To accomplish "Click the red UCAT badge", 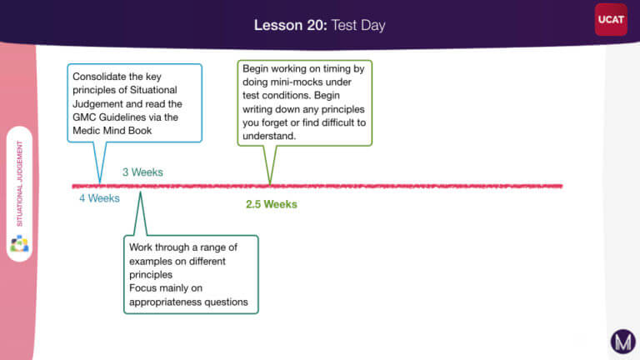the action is click(611, 20).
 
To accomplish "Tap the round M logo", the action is click(622, 341).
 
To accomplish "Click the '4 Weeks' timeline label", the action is click(99, 198).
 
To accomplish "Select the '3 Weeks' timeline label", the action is click(142, 172).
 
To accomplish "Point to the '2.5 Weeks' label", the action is click(272, 204).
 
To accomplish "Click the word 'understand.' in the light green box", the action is click(269, 136).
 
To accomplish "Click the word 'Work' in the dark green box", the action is click(141, 247).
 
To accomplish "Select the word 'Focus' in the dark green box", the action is click(142, 288).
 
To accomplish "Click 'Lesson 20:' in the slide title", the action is click(291, 25).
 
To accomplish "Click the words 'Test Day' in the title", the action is click(358, 25).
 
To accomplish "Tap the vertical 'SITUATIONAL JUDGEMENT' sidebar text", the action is click(19, 183).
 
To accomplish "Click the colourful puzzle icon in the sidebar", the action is click(19, 243).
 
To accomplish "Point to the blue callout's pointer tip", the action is click(100, 183).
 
